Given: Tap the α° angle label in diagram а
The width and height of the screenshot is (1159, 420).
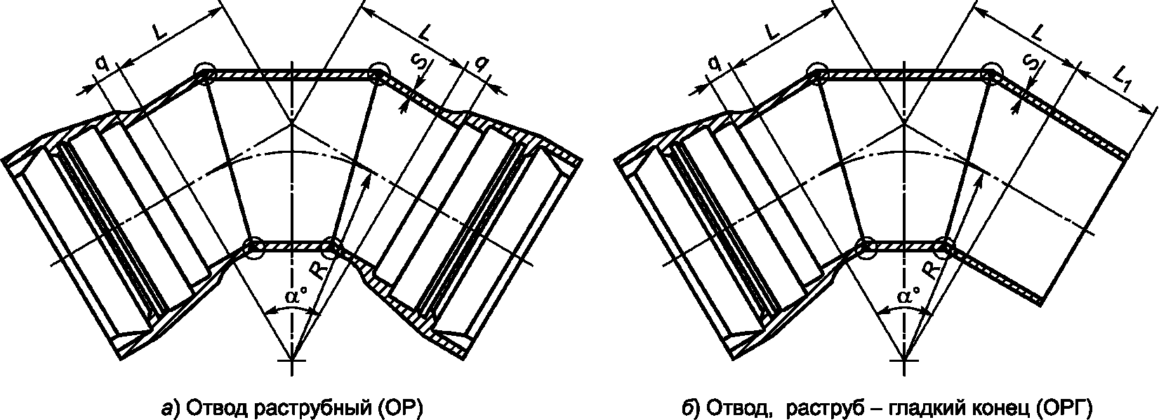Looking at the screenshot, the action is [296, 297].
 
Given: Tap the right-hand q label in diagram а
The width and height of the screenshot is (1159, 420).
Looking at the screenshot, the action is [482, 64].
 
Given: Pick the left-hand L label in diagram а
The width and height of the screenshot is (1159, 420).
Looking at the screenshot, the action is [160, 34].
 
